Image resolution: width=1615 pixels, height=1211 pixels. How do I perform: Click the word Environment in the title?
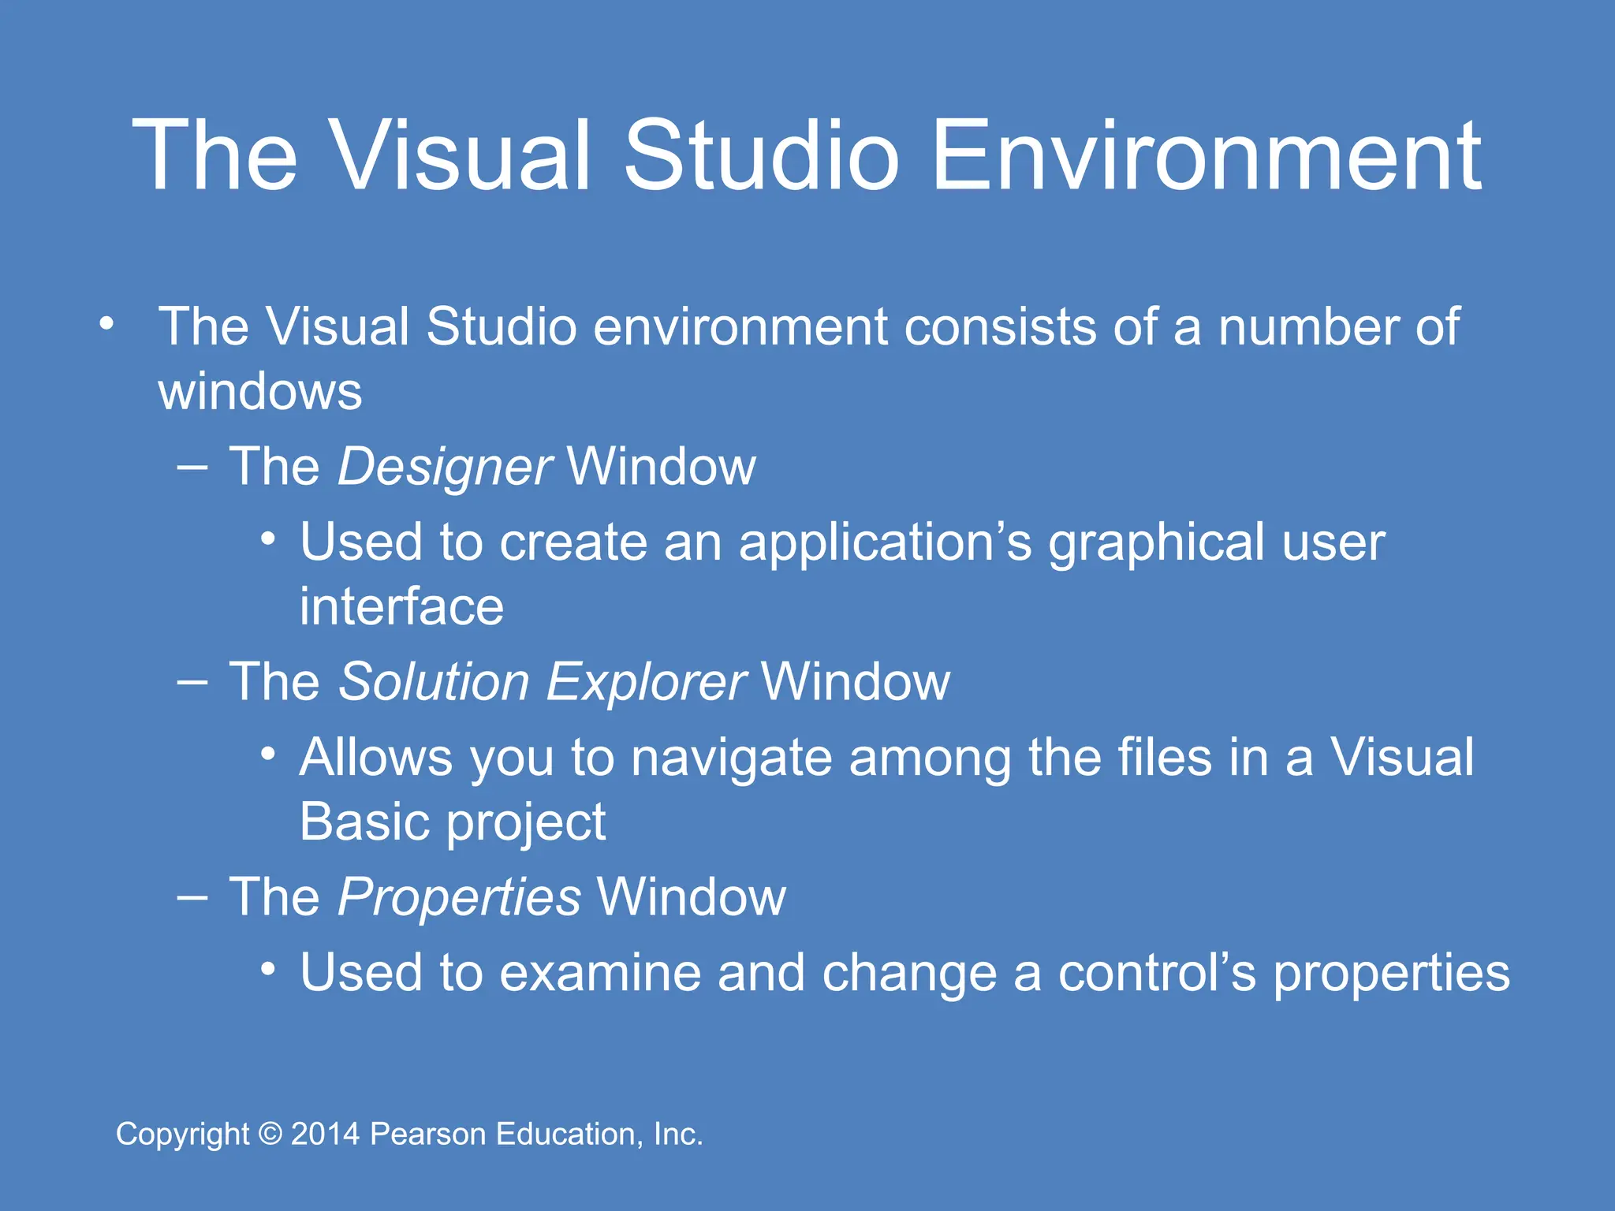point(1207,155)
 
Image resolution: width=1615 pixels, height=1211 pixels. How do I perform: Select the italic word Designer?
point(445,467)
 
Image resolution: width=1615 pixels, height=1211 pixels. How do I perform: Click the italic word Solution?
point(434,682)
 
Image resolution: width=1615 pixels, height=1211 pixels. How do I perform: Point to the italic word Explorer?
point(646,682)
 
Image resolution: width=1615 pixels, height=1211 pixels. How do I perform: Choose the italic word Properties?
point(459,897)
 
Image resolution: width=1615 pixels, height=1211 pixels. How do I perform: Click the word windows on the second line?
point(260,392)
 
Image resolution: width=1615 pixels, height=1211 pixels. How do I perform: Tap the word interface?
point(401,607)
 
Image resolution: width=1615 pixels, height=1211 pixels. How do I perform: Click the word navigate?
point(731,758)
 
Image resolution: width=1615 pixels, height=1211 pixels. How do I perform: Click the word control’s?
point(1157,973)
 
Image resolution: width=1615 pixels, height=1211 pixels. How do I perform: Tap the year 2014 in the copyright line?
point(325,1134)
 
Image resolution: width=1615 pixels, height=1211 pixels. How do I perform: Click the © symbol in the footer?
point(270,1134)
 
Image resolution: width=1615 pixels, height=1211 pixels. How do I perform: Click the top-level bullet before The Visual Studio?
point(106,323)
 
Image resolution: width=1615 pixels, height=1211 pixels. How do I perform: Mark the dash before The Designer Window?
point(192,467)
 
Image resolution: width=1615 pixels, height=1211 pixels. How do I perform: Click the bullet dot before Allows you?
point(268,755)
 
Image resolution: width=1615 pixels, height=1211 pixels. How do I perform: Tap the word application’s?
point(885,544)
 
